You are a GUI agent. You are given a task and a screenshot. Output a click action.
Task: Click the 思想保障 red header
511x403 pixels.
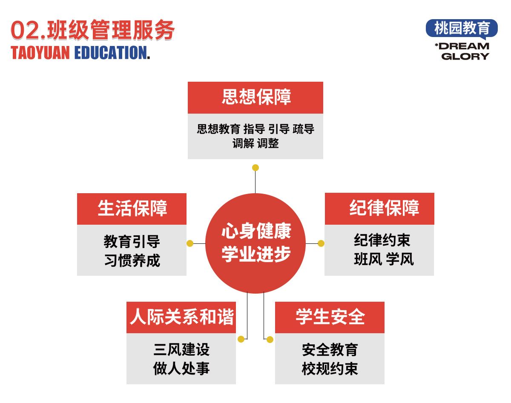click(255, 97)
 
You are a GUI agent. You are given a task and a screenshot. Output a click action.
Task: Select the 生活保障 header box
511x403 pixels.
click(132, 209)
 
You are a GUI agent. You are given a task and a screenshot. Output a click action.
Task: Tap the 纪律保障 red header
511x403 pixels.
click(379, 209)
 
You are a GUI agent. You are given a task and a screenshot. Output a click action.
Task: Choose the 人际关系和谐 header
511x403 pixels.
click(181, 317)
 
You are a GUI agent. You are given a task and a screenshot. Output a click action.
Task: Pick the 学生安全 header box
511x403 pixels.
click(330, 317)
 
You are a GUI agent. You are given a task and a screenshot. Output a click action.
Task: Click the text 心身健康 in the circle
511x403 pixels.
click(256, 231)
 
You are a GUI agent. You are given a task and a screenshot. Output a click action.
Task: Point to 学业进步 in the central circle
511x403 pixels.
click(256, 254)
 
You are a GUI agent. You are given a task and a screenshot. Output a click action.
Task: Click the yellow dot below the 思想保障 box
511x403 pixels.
click(255, 168)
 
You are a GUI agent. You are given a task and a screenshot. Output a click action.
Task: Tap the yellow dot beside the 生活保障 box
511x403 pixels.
click(190, 243)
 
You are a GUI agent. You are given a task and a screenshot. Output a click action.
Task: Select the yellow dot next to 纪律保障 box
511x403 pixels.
click(321, 243)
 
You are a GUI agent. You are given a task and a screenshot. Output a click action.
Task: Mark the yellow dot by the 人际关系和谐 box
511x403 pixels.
click(241, 339)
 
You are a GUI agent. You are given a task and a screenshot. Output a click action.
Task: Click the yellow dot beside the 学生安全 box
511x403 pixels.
click(270, 340)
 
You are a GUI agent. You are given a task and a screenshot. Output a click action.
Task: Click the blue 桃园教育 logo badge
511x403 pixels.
click(462, 29)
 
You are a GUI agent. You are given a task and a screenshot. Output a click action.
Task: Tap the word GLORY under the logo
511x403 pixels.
click(465, 57)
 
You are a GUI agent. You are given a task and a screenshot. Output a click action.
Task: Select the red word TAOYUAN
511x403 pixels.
click(40, 52)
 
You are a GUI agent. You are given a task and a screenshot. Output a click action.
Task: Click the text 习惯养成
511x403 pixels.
click(132, 260)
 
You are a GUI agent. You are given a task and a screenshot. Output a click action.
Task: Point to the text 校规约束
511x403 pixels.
click(330, 369)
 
